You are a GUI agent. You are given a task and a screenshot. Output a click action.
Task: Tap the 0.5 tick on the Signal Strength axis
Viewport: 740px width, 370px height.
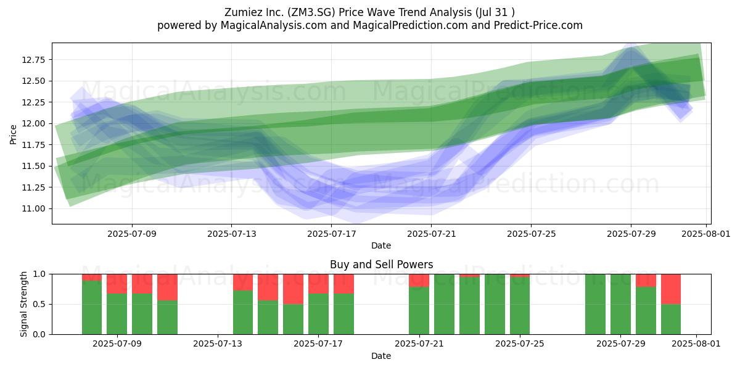(39, 304)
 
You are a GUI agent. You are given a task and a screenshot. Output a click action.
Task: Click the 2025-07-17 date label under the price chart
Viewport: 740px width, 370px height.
(331, 234)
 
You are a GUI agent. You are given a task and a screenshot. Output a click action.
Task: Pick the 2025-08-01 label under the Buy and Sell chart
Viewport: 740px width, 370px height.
(696, 343)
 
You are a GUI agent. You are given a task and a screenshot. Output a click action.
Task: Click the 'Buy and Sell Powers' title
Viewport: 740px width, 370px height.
(381, 265)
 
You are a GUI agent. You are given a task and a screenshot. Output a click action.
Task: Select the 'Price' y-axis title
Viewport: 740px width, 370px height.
(13, 134)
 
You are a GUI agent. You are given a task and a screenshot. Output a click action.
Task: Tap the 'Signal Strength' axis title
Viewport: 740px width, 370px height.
(23, 304)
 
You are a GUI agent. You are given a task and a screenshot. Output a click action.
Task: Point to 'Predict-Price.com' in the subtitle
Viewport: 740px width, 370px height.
(538, 25)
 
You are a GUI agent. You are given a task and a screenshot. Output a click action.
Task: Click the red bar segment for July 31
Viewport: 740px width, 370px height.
(671, 289)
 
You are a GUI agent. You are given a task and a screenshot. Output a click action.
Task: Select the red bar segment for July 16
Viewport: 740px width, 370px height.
(293, 289)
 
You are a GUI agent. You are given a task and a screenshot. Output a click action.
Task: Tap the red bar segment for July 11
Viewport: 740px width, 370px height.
(167, 287)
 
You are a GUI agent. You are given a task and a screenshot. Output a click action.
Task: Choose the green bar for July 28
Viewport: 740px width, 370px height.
(595, 304)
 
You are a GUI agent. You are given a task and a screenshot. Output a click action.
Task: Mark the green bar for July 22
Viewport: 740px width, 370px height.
(445, 304)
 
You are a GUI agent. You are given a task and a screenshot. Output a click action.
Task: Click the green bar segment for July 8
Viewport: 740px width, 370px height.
(92, 308)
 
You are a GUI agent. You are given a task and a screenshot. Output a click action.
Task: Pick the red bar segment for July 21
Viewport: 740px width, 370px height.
(419, 281)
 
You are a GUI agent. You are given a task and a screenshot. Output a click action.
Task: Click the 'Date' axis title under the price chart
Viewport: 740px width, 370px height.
(381, 245)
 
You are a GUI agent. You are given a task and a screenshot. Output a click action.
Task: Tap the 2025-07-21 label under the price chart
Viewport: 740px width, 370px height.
(431, 234)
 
